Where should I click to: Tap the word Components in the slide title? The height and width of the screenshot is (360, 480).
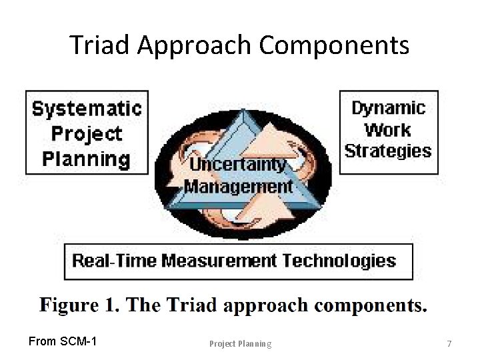(x=333, y=45)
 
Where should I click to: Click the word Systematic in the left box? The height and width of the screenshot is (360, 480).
(x=87, y=108)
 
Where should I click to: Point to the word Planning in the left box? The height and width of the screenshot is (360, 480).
(x=87, y=159)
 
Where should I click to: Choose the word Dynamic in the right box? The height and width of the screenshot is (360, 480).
(x=388, y=108)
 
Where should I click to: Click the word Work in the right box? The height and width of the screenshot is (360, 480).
(x=388, y=129)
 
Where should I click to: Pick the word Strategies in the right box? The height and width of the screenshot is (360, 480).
(x=388, y=151)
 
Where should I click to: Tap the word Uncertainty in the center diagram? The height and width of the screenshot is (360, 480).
(x=238, y=164)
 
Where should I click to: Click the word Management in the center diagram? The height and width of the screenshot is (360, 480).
(x=238, y=185)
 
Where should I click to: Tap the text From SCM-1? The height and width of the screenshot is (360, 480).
(x=63, y=342)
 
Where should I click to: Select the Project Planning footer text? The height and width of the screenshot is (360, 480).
(x=240, y=344)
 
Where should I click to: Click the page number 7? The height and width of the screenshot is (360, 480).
(x=449, y=344)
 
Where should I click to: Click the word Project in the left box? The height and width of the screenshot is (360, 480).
(x=87, y=133)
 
